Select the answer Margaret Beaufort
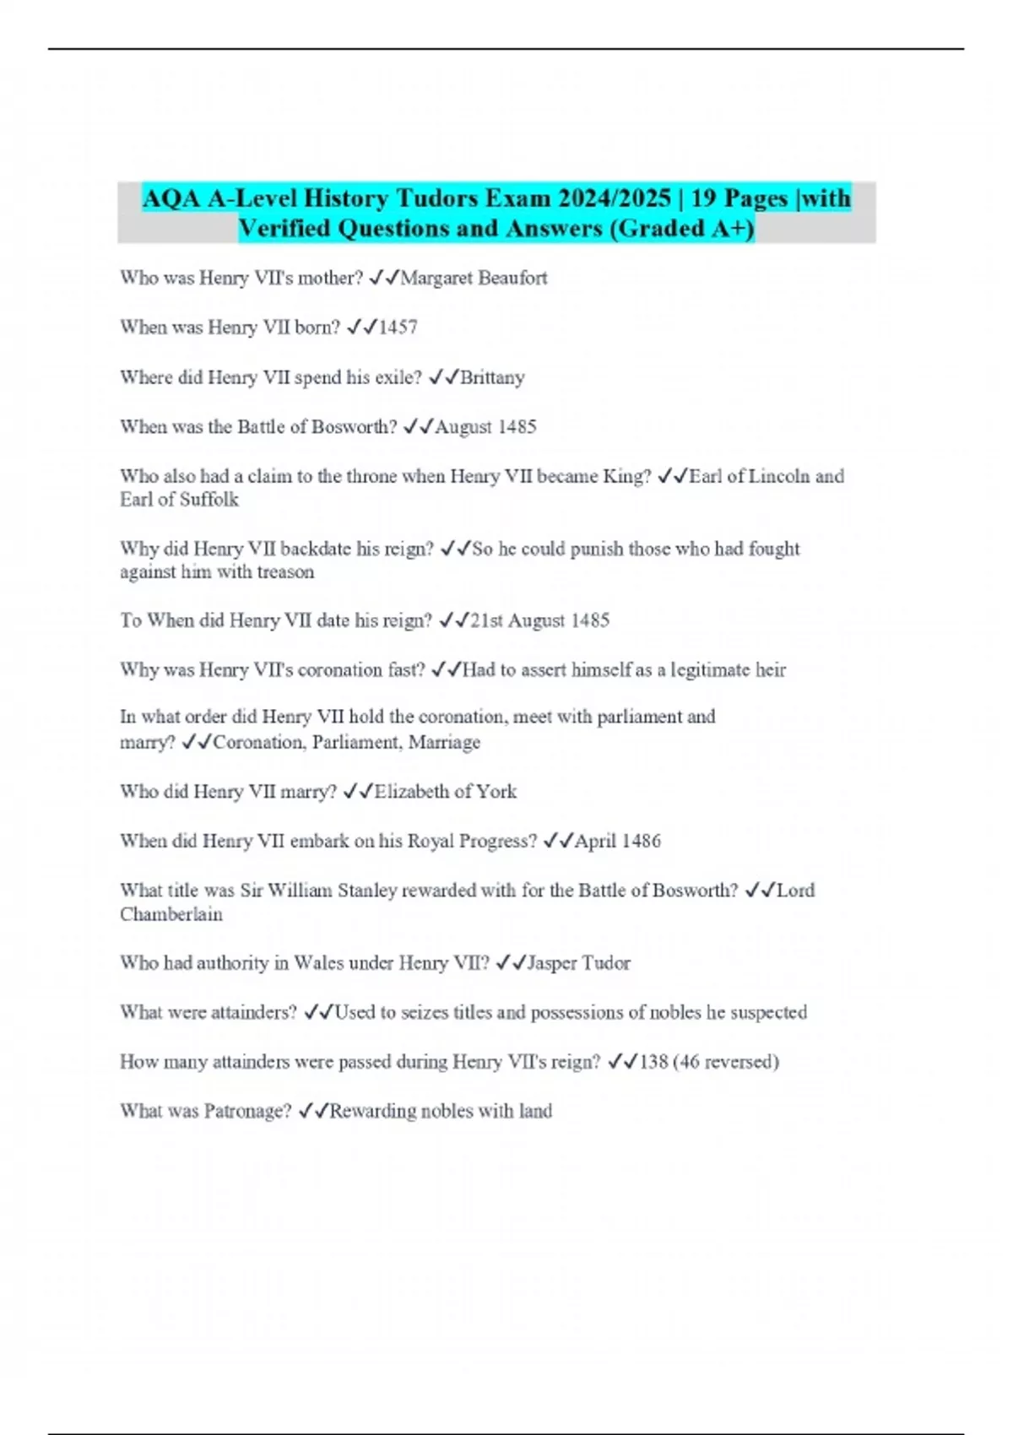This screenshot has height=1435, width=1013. (x=474, y=278)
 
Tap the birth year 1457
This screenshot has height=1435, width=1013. (x=398, y=328)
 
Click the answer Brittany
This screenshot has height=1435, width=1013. (x=492, y=377)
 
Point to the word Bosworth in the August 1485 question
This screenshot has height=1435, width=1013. (x=354, y=427)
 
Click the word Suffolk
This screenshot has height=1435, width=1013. (x=209, y=500)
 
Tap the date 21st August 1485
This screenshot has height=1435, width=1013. (x=539, y=620)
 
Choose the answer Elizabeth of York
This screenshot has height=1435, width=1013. (x=445, y=792)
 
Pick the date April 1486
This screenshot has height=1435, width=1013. (x=617, y=841)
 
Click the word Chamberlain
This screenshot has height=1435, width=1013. (x=171, y=914)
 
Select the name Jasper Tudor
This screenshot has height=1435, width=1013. (x=578, y=963)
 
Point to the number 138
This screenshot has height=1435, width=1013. (x=654, y=1062)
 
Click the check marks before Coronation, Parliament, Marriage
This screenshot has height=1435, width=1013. (x=197, y=743)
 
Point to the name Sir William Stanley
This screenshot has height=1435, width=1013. (x=318, y=891)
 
